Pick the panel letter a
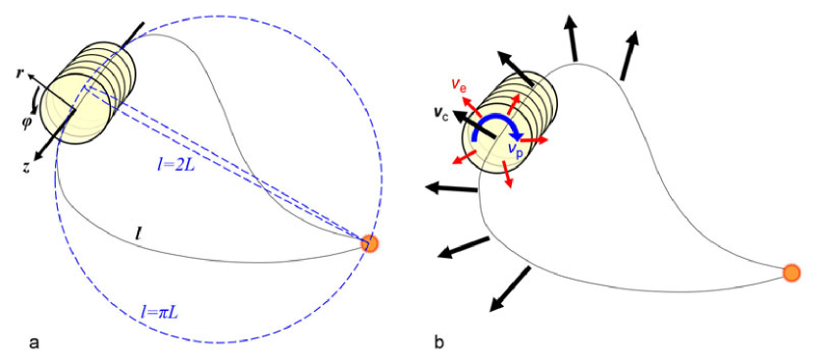click(36, 341)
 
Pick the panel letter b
click(439, 341)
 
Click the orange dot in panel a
click(369, 243)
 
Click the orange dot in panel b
click(791, 272)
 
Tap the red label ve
click(459, 87)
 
